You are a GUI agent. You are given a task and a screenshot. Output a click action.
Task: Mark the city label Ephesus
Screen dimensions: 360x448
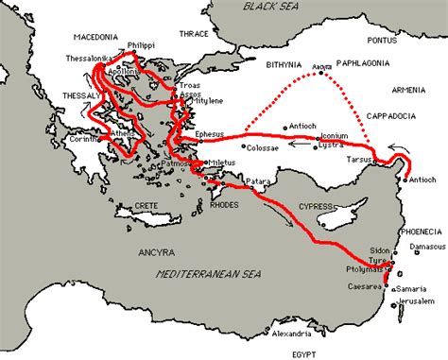(211, 135)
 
